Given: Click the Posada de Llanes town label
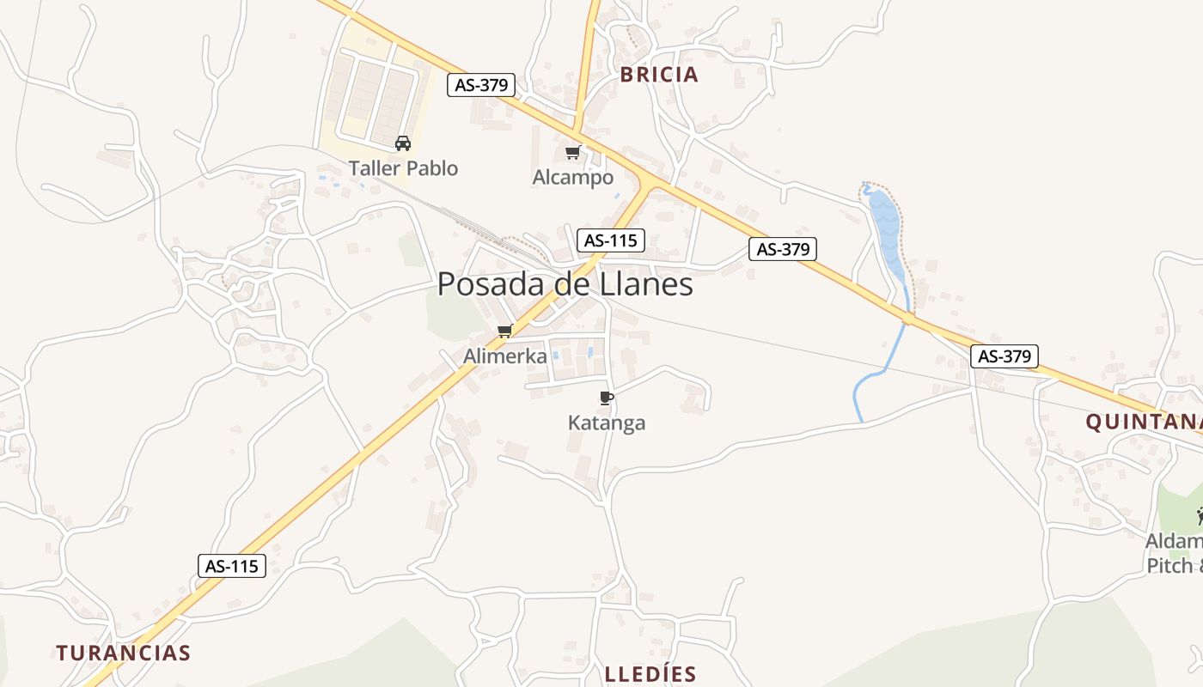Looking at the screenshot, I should tap(565, 284).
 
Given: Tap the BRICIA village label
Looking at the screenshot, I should tap(659, 75).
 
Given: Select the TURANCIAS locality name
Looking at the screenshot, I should tap(124, 653).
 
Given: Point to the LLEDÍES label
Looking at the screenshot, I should tap(650, 674).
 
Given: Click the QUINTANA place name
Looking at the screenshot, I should tap(1143, 422).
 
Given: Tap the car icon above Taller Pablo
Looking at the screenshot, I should tap(402, 143).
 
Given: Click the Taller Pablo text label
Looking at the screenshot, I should tap(403, 168).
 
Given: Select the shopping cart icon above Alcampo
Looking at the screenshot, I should tap(572, 153).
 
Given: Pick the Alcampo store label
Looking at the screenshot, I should tap(573, 178).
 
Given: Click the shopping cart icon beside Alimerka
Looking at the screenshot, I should tap(505, 331).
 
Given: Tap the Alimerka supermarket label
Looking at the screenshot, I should tap(505, 356).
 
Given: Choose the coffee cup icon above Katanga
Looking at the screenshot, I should tap(606, 398).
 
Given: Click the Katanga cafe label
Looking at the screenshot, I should tap(607, 423).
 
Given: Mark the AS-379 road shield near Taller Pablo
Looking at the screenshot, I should tap(481, 85).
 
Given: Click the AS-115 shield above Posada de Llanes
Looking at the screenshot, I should tap(610, 240).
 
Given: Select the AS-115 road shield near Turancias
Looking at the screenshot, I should tap(231, 566).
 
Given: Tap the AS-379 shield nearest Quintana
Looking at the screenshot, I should tap(1005, 356).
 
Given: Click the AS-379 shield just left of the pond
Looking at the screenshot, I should tap(782, 249).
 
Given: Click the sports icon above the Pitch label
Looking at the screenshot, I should tap(1200, 516).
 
